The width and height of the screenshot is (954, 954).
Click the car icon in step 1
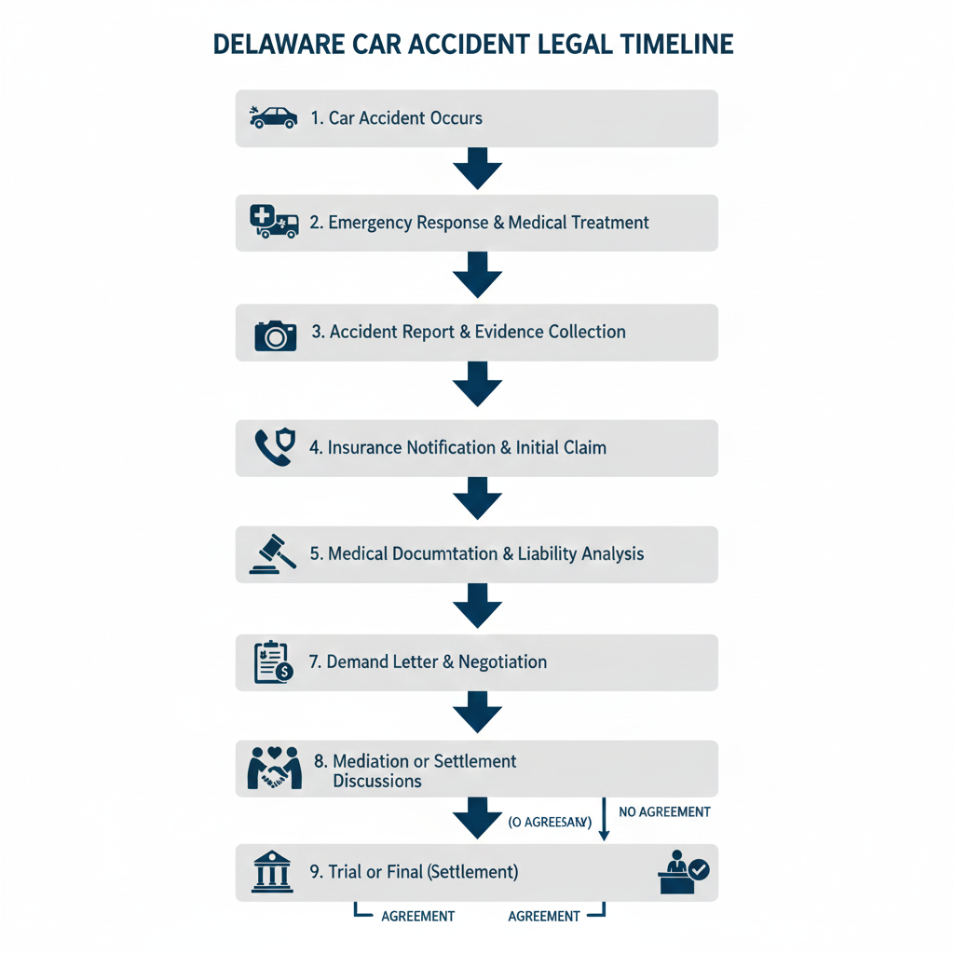(273, 117)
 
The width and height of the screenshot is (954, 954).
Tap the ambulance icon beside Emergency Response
(274, 223)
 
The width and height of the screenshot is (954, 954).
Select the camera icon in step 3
(275, 334)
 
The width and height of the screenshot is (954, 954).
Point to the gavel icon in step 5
(273, 553)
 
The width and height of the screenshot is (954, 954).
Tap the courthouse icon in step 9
(272, 873)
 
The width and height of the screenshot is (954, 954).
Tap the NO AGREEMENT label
(664, 812)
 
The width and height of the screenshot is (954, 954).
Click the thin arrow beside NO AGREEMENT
(603, 818)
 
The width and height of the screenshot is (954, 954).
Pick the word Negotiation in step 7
(503, 661)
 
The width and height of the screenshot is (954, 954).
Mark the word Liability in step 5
(548, 553)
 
